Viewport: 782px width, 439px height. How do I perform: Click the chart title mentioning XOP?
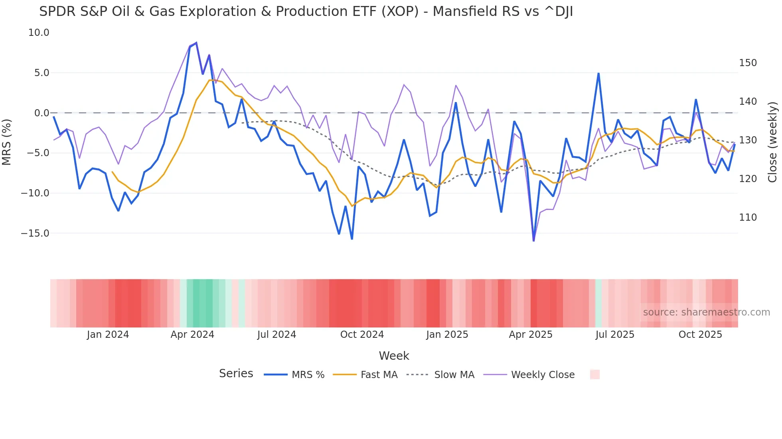click(306, 12)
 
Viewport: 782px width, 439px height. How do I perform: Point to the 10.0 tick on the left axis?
click(39, 33)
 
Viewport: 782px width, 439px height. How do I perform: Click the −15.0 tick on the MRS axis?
click(36, 233)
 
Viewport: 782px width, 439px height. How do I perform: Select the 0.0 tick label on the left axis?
click(41, 113)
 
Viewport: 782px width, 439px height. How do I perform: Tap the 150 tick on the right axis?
click(748, 63)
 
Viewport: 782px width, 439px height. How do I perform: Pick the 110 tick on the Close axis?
click(748, 218)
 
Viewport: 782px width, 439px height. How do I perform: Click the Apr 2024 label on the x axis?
click(192, 335)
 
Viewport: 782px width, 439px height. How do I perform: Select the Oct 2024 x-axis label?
click(362, 335)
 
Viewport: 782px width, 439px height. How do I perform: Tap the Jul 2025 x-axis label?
click(615, 335)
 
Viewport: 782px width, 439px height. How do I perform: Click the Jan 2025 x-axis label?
click(447, 335)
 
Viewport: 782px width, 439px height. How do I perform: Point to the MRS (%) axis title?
click(7, 142)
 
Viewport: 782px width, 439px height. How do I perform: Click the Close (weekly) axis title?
click(773, 142)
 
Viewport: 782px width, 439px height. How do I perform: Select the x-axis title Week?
click(394, 356)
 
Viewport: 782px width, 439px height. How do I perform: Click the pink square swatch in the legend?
click(594, 374)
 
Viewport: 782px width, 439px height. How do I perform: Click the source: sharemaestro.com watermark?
click(706, 312)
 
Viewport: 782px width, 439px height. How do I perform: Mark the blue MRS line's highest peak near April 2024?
click(196, 43)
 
